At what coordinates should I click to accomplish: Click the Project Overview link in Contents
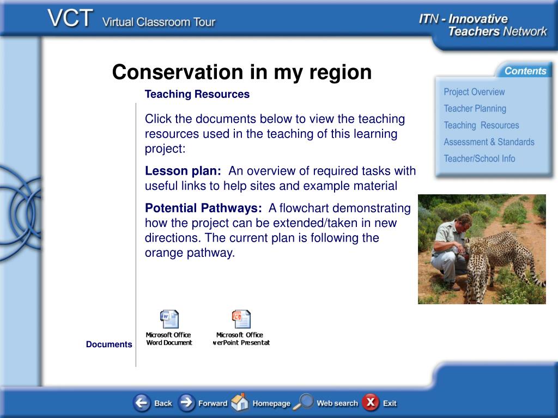coord(474,91)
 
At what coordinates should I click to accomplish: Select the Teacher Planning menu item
coord(475,108)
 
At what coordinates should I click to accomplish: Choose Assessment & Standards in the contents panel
coord(489,142)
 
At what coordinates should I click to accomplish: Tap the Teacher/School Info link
coord(480,158)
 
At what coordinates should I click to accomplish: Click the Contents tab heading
coord(525,71)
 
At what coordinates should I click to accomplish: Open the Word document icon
coord(169,319)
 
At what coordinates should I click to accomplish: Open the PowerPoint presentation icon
coord(241,319)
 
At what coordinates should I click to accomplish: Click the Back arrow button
coord(142,403)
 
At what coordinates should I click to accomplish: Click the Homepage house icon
coord(240,402)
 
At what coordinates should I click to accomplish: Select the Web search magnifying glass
coord(303,402)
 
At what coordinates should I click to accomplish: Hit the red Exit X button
coord(371,402)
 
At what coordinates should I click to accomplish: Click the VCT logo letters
coord(70,18)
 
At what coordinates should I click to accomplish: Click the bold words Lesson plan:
coord(183,171)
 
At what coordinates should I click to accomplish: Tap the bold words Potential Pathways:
coord(203,208)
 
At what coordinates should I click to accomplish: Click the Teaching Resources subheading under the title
coord(197,94)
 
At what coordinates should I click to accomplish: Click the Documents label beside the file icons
coord(109,344)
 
